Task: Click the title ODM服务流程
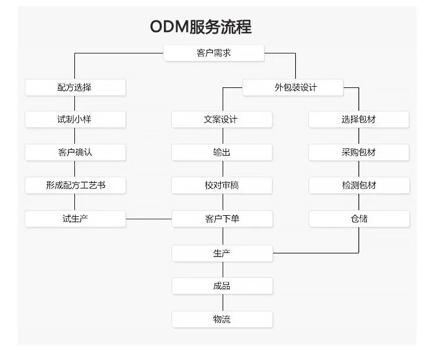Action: [x=201, y=27]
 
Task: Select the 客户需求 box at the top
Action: [x=214, y=54]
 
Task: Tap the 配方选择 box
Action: [x=75, y=87]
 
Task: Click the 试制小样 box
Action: [x=75, y=119]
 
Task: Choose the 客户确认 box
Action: [x=75, y=152]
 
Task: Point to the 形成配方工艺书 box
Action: [x=75, y=186]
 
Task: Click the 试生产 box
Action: [x=75, y=219]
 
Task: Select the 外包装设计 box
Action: [x=293, y=87]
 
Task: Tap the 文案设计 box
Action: [x=221, y=119]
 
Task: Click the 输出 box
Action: [x=221, y=152]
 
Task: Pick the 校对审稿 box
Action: [x=221, y=186]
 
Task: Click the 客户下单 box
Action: [x=221, y=219]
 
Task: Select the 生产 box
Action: [x=221, y=253]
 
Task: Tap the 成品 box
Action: [x=221, y=286]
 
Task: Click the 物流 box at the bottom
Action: [x=221, y=319]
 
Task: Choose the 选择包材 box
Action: [x=359, y=119]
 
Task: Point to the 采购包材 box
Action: [x=359, y=152]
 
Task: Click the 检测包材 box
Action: [x=359, y=186]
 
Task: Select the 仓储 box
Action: [x=359, y=219]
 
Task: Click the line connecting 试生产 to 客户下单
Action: [x=149, y=219]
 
